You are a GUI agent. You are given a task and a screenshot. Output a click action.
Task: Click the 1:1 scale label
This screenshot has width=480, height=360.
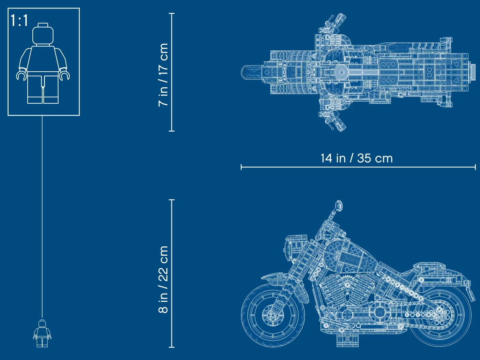pyautogui.click(x=19, y=20)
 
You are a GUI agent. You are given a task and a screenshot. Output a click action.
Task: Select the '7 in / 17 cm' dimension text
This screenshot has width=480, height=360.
pyautogui.click(x=163, y=75)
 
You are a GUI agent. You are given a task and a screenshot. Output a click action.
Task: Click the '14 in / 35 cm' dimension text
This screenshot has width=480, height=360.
pyautogui.click(x=357, y=158)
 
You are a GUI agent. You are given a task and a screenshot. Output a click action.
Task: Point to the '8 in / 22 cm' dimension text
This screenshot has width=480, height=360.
pyautogui.click(x=163, y=280)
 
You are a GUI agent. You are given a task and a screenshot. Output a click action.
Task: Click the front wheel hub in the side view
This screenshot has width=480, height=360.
pyautogui.click(x=273, y=315)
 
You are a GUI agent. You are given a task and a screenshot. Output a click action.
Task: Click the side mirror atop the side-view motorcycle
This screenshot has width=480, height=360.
pyautogui.click(x=339, y=206)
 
